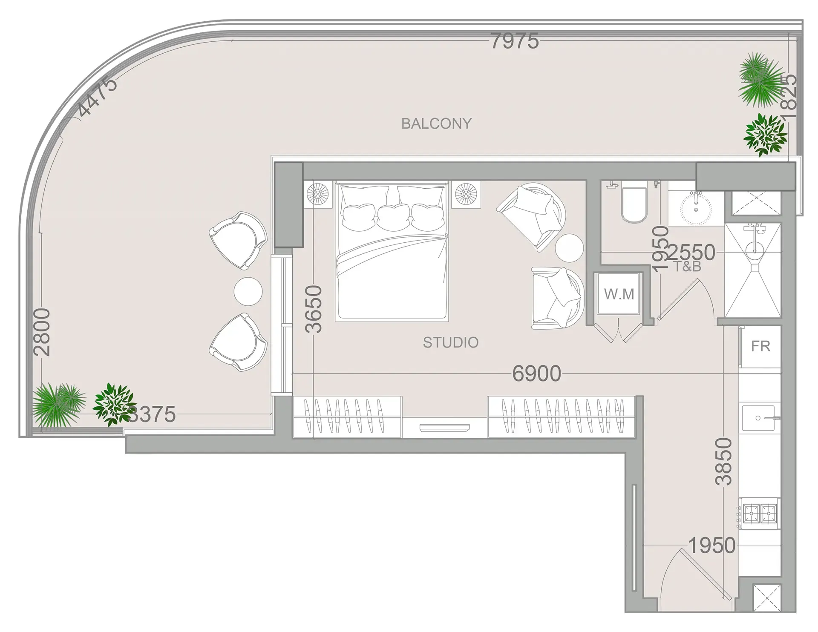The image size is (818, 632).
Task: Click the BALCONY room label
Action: (436, 124)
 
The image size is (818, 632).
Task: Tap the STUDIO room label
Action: (450, 342)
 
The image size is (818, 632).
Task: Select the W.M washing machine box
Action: (619, 294)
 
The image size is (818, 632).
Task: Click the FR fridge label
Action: (760, 346)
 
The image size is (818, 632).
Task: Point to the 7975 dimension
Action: (514, 41)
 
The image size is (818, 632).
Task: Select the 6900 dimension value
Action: (536, 373)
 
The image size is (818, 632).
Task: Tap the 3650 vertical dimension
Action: (314, 309)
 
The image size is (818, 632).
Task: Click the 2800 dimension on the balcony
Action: (42, 332)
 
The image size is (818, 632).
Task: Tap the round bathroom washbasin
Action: (695, 209)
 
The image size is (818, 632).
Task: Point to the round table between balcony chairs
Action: (248, 291)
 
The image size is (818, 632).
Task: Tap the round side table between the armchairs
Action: (569, 248)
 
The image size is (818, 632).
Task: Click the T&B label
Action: (687, 267)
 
